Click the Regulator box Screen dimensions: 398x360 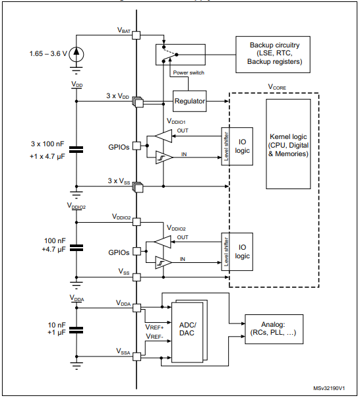pyautogui.click(x=190, y=101)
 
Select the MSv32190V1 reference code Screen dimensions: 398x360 pyautogui.click(x=333, y=389)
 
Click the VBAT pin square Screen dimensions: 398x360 pyautogui.click(x=136, y=34)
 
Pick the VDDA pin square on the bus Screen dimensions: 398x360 pyautogui.click(x=136, y=306)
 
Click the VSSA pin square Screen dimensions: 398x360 pyautogui.click(x=136, y=356)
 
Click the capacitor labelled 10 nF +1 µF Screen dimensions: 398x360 pyautogui.click(x=76, y=329)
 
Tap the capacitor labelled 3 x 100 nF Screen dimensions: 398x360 pyautogui.click(x=76, y=150)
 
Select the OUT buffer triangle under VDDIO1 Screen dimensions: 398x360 pyautogui.click(x=161, y=136)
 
